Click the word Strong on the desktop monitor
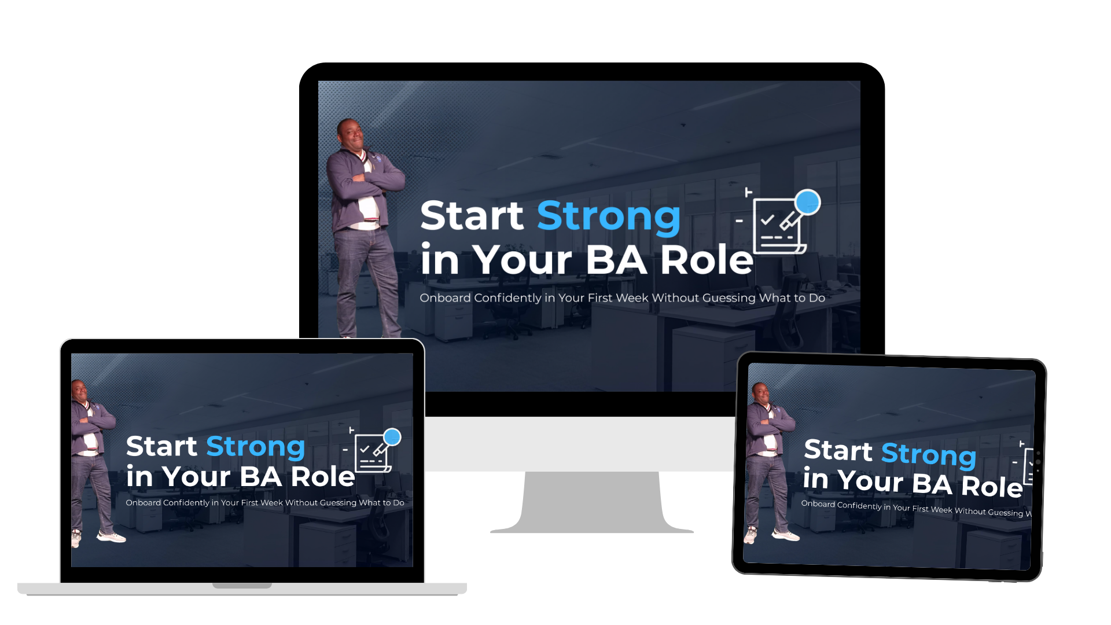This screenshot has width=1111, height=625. coord(609,217)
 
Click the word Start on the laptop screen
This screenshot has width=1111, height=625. coord(161,446)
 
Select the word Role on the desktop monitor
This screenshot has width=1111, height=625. coord(707,260)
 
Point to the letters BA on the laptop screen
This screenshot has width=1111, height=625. coord(261,477)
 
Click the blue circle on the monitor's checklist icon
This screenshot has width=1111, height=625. coord(807,202)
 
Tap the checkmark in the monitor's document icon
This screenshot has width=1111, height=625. coord(767,220)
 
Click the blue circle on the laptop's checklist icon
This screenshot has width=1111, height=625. coord(392,436)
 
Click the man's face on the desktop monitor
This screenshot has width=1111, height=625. coord(352,134)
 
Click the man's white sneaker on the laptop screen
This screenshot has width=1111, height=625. coord(111,537)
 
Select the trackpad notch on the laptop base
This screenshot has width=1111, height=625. coord(242,586)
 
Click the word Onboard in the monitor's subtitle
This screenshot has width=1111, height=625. coord(445,298)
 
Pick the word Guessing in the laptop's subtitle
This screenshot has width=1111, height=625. coord(338,503)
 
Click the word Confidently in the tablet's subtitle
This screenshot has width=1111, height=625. coord(859,506)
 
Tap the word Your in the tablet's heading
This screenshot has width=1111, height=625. coord(870,481)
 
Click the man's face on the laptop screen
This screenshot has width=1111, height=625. coord(80,392)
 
